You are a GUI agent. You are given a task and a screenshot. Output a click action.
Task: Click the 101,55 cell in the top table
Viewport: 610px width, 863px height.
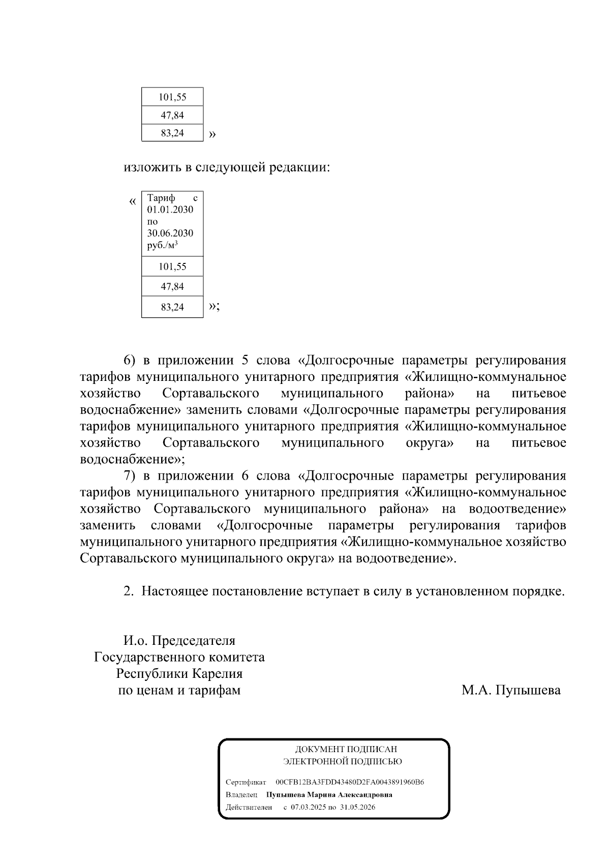coord(172,97)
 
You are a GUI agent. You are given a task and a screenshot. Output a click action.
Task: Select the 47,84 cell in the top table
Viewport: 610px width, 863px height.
coord(172,115)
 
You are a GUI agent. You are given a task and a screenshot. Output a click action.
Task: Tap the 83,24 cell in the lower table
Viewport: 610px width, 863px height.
coord(172,307)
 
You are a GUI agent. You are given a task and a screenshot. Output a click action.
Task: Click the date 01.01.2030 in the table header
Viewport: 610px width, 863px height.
coord(170,210)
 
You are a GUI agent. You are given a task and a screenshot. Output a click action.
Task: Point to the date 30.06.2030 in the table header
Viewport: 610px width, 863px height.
coord(170,233)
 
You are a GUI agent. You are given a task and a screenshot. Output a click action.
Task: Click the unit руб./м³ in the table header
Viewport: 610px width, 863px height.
coord(162,245)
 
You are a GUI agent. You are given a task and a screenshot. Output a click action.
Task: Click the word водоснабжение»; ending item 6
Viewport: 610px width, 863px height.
coord(133,460)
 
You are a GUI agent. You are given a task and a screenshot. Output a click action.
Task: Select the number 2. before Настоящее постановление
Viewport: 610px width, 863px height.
coord(129,591)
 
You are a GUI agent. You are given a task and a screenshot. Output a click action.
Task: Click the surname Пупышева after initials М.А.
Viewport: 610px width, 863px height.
coord(528,691)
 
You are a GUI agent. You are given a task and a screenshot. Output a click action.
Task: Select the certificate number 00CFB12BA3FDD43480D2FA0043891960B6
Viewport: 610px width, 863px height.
coord(350,782)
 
